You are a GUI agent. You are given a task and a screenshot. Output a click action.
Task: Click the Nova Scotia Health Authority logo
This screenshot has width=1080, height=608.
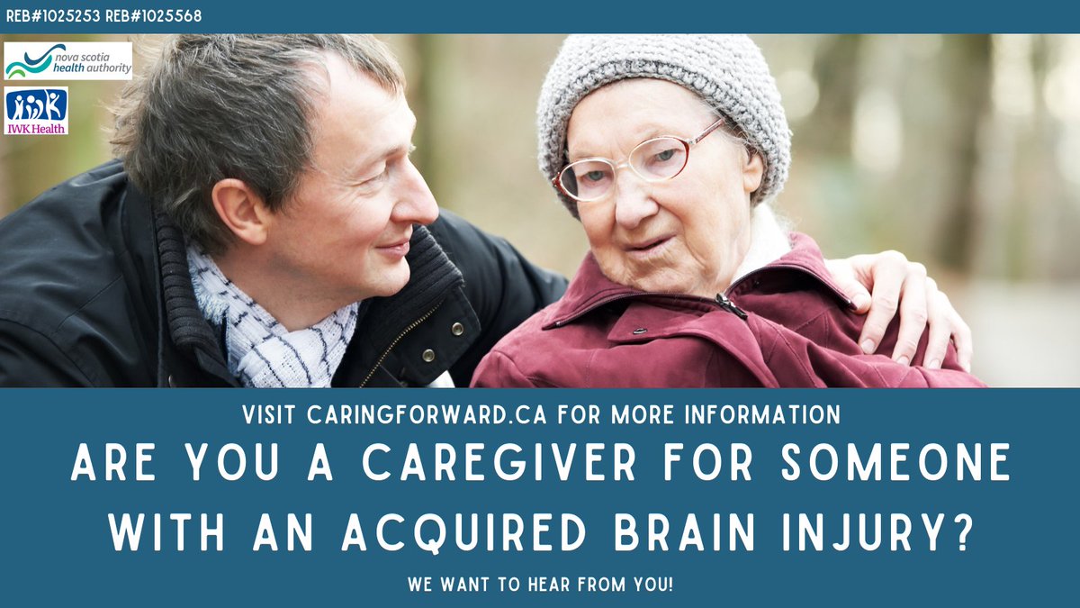click(x=67, y=60)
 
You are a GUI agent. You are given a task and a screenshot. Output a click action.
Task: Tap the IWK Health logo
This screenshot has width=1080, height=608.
click(x=36, y=110)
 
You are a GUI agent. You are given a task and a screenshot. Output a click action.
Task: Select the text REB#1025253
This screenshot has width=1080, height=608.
click(x=50, y=16)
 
